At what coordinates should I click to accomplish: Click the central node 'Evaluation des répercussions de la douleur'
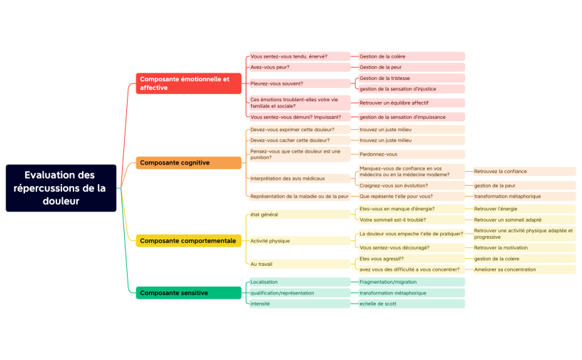pyautogui.click(x=61, y=188)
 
